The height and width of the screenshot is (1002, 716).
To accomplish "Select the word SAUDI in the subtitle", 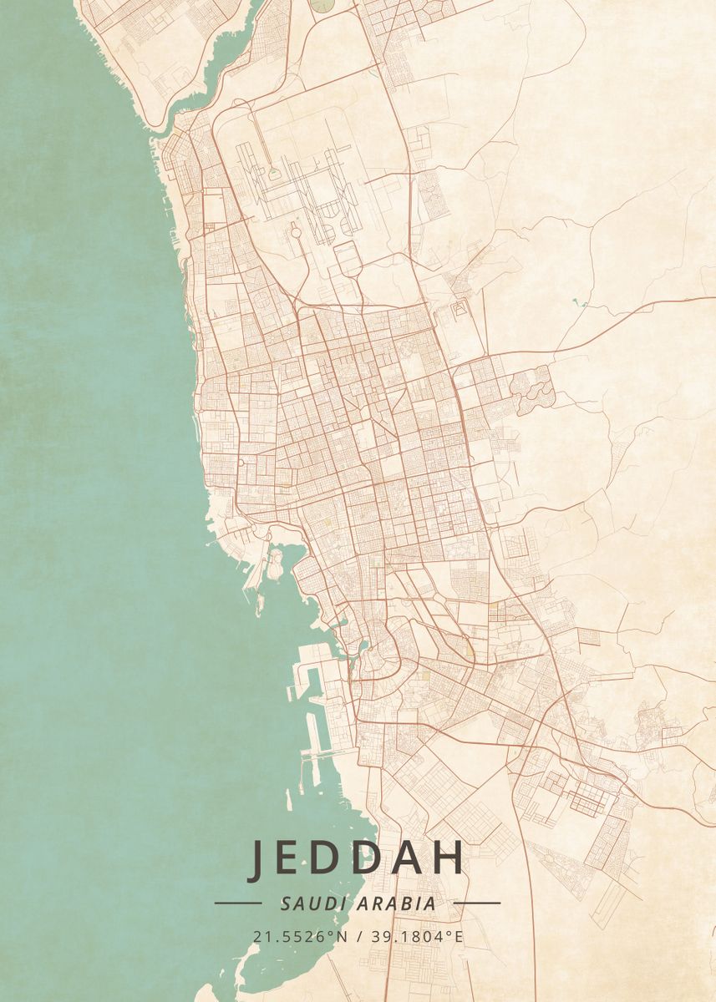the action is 304,903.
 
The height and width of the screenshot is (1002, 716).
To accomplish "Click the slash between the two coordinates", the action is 358,936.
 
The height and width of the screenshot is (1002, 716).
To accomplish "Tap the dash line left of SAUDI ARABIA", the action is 238,903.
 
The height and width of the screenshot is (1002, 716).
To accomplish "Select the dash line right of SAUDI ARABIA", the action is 477,903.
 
